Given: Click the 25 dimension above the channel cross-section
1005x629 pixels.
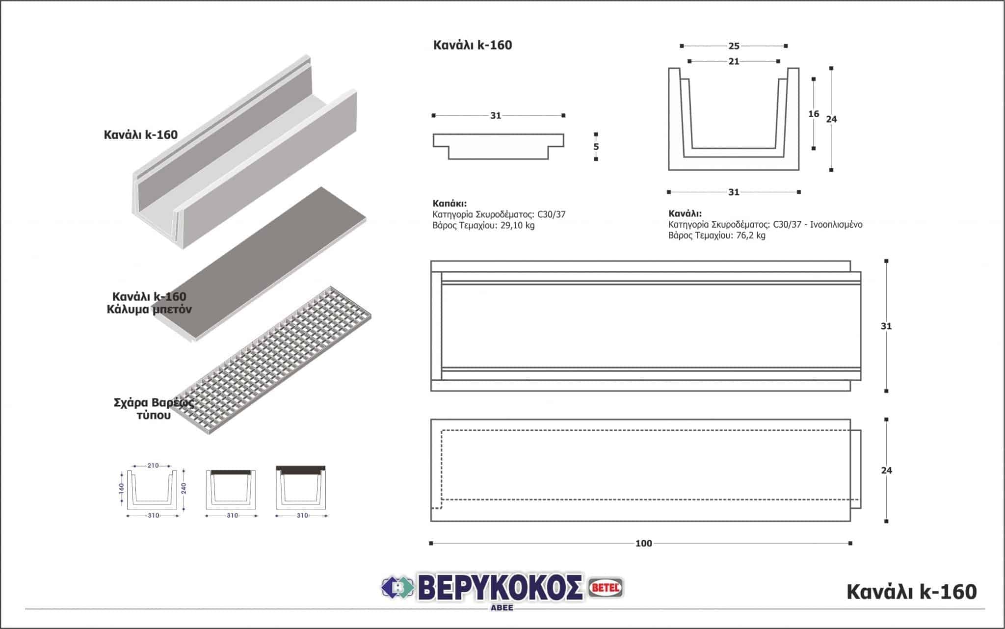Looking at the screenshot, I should tap(734, 46).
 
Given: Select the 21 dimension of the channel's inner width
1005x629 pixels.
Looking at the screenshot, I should tap(734, 61).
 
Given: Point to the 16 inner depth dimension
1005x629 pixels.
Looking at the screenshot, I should tap(813, 114).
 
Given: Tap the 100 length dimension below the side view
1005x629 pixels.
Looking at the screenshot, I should tap(643, 543).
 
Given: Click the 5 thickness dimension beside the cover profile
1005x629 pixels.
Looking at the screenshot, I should tap(596, 147).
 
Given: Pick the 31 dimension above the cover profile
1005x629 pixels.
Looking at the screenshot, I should tap(496, 116).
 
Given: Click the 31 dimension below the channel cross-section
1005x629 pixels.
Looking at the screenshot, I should tap(734, 192).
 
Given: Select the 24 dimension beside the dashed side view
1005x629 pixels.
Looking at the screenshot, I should tap(886, 471).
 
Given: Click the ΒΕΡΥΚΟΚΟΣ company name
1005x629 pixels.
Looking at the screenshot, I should tap(499, 587).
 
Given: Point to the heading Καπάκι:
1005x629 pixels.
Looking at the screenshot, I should tap(450, 203).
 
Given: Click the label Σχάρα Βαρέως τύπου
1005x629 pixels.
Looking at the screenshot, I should tap(154, 409).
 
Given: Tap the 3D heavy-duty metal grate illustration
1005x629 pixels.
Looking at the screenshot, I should tap(275, 361).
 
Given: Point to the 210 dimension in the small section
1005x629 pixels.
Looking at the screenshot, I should tap(153, 465).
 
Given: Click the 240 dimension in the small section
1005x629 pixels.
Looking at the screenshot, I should tap(184, 488).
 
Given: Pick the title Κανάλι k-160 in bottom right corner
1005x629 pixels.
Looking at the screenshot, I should tap(911, 592).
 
